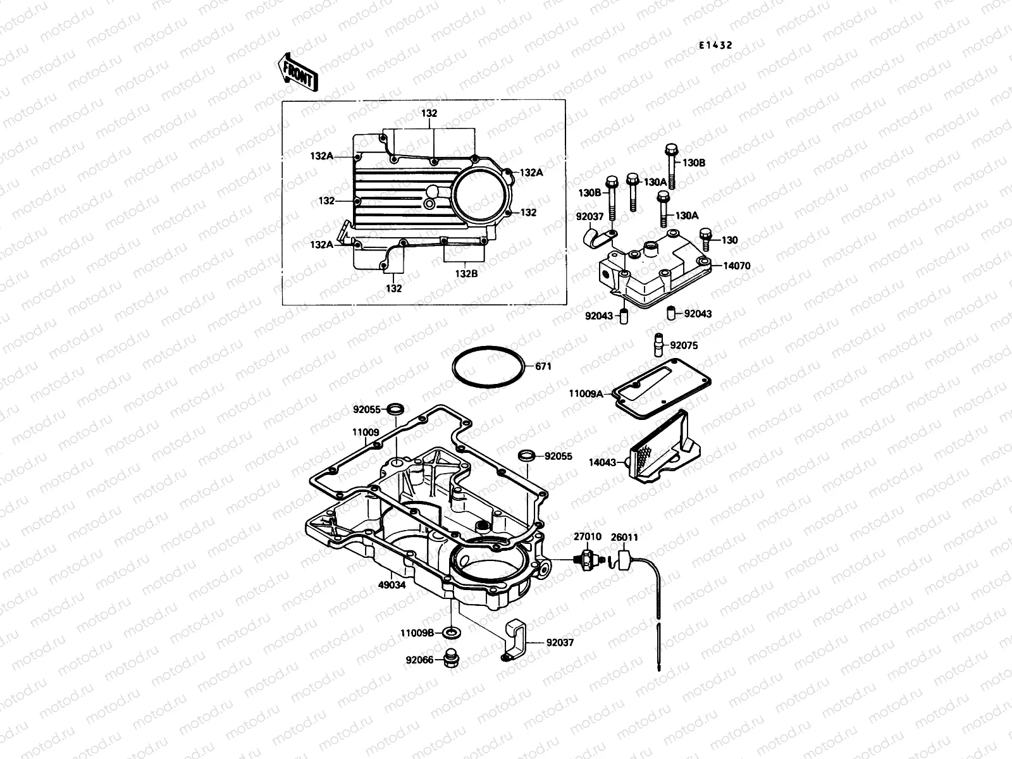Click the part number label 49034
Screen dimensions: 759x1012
392,585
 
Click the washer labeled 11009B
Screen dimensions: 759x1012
452,632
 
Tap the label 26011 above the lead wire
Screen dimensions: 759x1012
624,538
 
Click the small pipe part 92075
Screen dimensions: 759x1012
658,345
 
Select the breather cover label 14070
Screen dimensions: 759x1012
736,266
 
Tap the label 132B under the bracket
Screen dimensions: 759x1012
466,273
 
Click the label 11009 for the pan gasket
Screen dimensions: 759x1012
366,433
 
